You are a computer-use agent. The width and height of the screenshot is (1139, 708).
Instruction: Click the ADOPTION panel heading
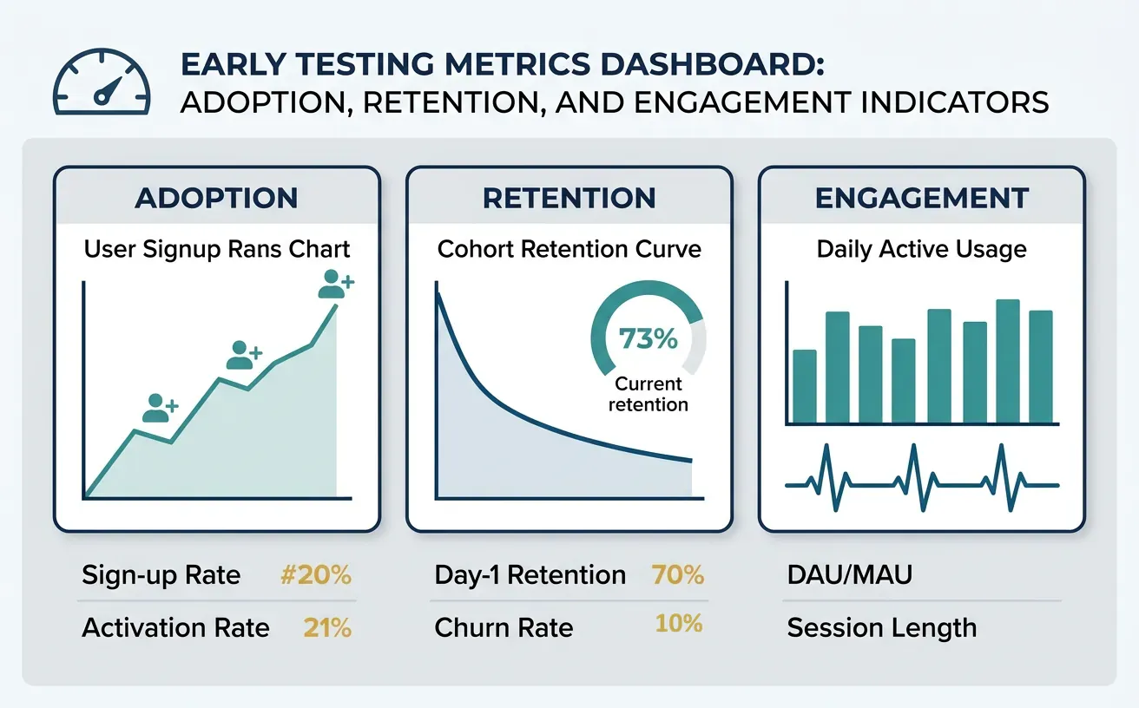[x=216, y=198]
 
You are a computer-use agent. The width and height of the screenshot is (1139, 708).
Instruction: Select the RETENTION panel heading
[x=569, y=198]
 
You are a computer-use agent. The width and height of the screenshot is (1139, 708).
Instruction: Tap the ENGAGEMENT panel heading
[x=922, y=198]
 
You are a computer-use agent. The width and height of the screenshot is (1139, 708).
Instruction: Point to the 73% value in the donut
[x=649, y=339]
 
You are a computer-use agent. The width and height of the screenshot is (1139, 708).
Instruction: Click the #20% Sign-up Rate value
[x=317, y=575]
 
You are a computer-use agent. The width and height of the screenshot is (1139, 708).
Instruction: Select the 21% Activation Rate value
[x=327, y=627]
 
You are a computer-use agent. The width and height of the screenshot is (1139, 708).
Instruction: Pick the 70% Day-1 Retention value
[x=676, y=575]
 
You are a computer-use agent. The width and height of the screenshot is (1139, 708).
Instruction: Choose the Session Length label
[x=881, y=627]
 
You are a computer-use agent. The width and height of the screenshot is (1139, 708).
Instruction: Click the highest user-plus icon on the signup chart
[x=335, y=284]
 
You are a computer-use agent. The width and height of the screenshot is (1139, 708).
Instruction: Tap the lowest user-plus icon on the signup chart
[x=159, y=408]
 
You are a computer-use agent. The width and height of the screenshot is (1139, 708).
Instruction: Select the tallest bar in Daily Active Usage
[x=1007, y=361]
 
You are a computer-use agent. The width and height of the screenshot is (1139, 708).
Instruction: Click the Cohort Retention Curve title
[x=569, y=250]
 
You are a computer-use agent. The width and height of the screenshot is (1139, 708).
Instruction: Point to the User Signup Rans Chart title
[x=217, y=250]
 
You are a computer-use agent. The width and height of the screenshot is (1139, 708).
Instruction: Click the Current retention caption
[x=649, y=394]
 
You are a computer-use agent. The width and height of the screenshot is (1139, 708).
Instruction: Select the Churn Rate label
[x=504, y=627]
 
